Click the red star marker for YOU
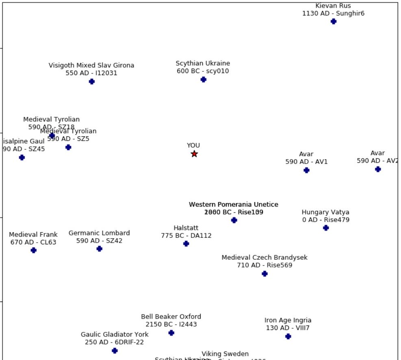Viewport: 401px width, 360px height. coord(194,154)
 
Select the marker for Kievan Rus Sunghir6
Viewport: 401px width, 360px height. coord(334,22)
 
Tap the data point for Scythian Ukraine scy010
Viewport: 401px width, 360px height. coord(204,80)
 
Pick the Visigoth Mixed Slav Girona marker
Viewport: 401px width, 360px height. coord(92,82)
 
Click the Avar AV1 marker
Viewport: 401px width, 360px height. coord(307,170)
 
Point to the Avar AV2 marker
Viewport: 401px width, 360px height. coord(378,169)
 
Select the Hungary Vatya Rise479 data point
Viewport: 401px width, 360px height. coord(326,228)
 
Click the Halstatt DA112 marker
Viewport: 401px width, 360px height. coord(186,244)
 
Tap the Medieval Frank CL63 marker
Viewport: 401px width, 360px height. coord(34,250)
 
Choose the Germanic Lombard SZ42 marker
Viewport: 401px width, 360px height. coord(100,249)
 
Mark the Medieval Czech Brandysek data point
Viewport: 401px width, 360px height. coord(265,274)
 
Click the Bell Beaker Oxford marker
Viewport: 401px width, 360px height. coord(171,333)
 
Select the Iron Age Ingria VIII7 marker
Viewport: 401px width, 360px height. coord(288,336)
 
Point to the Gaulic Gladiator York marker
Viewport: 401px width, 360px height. coord(115,351)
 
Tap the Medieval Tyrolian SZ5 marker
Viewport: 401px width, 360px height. coord(68,147)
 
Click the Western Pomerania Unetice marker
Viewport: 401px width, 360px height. coord(234,220)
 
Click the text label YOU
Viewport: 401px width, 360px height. coord(193,145)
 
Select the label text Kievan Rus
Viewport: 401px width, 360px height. coord(333,6)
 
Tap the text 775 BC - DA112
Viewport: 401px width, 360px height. coord(186,235)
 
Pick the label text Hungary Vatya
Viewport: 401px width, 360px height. coord(325,212)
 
